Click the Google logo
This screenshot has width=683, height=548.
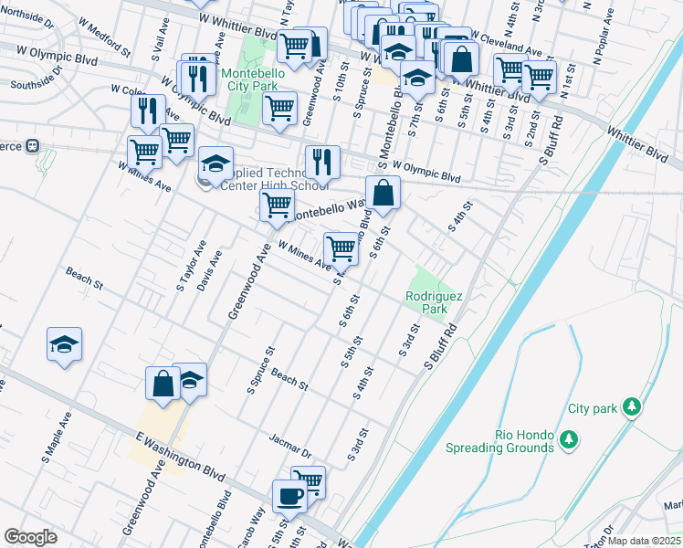[x=30, y=537]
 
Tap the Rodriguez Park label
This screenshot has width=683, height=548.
[x=426, y=302]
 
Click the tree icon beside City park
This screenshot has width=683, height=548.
[x=630, y=407]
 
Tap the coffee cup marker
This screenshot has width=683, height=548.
[x=289, y=496]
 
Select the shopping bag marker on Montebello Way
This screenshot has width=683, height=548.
[x=384, y=193]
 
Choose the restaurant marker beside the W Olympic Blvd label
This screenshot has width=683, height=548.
[x=321, y=162]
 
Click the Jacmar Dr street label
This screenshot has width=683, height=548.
[x=290, y=445]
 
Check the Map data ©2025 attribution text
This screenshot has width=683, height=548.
[x=645, y=541]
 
